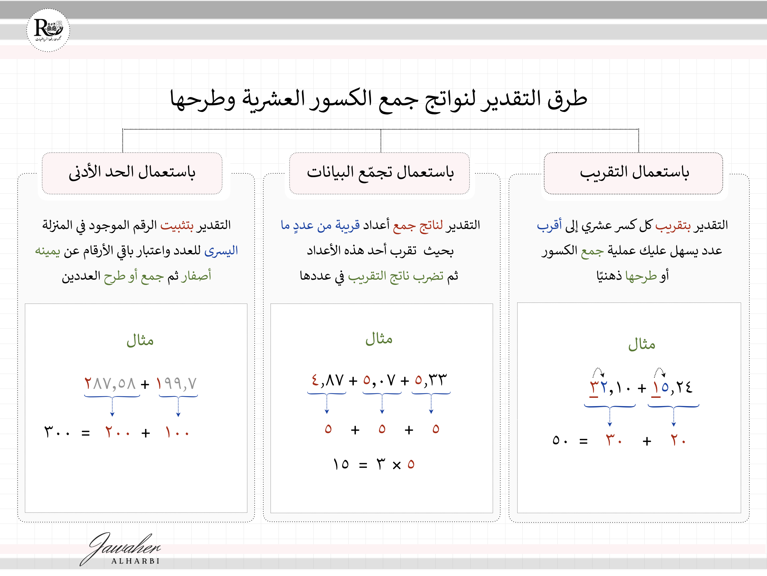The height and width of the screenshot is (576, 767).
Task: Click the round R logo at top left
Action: [x=48, y=30]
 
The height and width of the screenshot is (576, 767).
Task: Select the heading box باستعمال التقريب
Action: [x=633, y=173]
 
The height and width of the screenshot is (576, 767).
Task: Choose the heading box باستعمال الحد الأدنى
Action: [x=132, y=173]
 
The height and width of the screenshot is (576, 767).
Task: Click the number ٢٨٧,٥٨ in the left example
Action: [x=110, y=384]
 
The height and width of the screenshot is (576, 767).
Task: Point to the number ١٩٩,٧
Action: [x=177, y=384]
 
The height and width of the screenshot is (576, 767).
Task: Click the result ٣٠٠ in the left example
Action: [x=57, y=433]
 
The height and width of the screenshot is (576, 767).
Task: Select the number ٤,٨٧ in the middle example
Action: [x=327, y=380]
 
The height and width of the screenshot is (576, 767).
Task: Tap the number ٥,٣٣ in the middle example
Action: [x=430, y=380]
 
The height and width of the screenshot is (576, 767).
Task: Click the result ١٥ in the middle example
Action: [x=341, y=464]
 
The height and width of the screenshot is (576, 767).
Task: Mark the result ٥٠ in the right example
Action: [x=560, y=441]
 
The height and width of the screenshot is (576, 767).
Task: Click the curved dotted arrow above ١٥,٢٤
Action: [x=660, y=372]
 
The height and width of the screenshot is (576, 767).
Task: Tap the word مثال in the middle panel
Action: [x=379, y=339]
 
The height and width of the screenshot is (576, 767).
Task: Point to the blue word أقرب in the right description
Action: [x=549, y=225]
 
